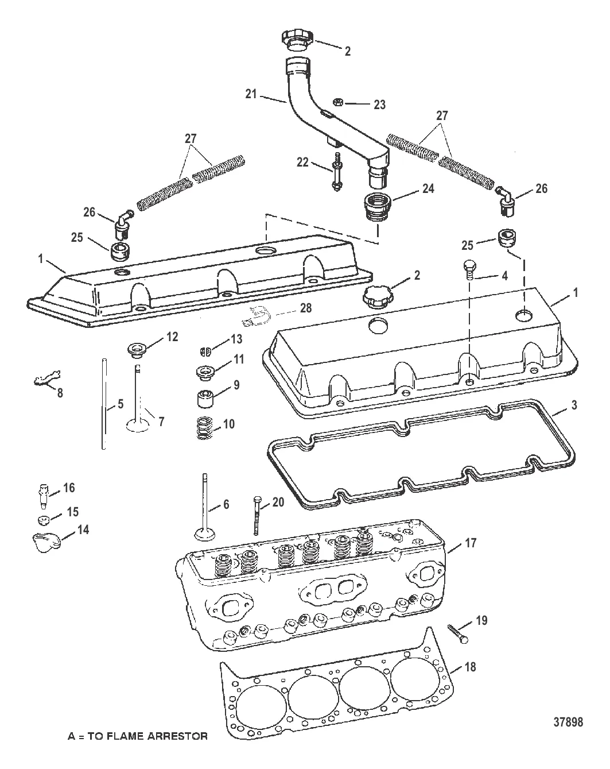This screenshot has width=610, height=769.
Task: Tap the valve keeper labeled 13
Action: click(205, 351)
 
